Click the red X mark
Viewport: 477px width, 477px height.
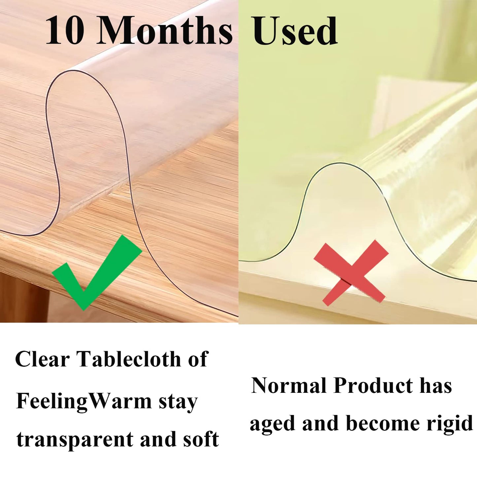351,273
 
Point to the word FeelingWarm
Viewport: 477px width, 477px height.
84,402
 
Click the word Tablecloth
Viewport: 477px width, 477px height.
129,359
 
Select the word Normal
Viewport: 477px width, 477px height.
288,386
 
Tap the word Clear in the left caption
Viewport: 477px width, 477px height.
42,359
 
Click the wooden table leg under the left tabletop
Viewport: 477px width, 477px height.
23,297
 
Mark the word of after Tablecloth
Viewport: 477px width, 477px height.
198,359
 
